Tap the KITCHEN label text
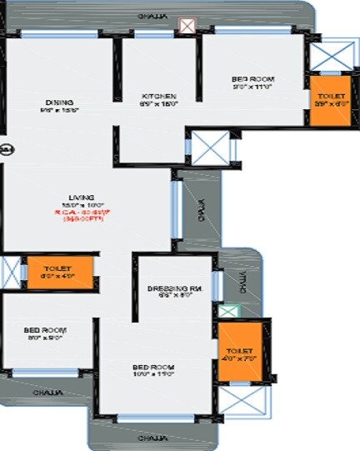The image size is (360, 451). tap(158, 97)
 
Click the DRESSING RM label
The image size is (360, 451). tap(175, 289)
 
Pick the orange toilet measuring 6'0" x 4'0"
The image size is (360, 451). tap(59, 273)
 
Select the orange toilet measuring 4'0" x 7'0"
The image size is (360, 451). tap(241, 350)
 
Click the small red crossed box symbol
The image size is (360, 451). tap(187, 28)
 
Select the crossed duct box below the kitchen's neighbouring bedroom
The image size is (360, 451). tap(207, 148)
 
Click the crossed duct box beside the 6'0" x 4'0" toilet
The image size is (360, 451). tap(10, 273)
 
